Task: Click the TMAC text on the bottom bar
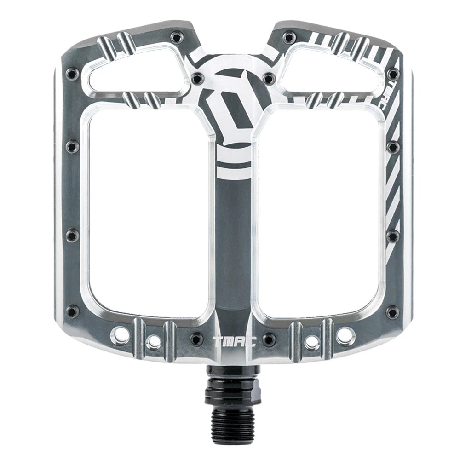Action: [230, 341]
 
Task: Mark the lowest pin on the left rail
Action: [71, 311]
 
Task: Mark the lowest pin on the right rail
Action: [392, 312]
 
